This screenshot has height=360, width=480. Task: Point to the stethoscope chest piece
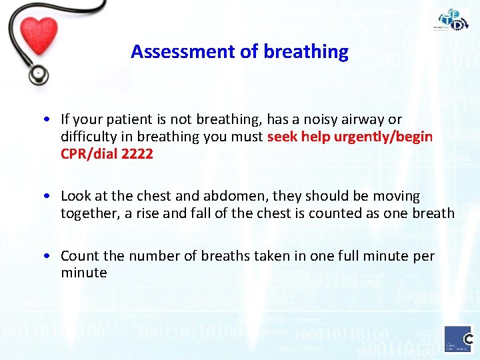click(x=38, y=74)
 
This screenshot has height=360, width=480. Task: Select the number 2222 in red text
click(x=138, y=154)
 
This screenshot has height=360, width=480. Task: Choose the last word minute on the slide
click(x=84, y=273)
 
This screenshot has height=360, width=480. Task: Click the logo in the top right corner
click(x=453, y=20)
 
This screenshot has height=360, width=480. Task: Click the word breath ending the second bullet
click(x=433, y=213)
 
